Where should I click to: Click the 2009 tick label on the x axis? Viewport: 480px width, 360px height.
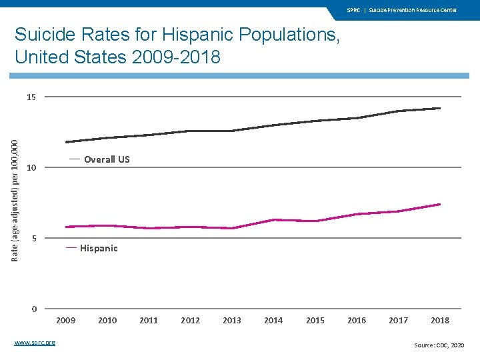click(x=65, y=321)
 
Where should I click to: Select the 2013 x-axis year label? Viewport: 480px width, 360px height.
click(x=232, y=321)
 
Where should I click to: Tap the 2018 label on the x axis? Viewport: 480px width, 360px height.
click(x=440, y=321)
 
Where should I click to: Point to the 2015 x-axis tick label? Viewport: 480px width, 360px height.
click(x=315, y=321)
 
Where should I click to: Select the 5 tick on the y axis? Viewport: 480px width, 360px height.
click(x=33, y=238)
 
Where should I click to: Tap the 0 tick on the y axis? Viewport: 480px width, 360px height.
click(x=33, y=309)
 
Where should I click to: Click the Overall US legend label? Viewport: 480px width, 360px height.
click(x=107, y=160)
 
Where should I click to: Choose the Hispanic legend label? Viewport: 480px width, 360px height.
click(x=99, y=249)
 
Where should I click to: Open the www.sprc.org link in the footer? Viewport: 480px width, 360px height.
click(x=35, y=343)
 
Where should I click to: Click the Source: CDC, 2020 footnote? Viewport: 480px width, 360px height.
click(x=439, y=345)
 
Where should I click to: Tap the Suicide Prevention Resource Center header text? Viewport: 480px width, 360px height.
click(x=413, y=10)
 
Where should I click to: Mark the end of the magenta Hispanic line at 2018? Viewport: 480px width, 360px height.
click(x=440, y=204)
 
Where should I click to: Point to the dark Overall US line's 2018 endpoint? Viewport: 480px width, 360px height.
click(x=440, y=108)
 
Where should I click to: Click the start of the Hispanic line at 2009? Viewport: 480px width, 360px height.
click(x=66, y=227)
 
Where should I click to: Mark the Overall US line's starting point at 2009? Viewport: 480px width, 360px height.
click(x=66, y=142)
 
